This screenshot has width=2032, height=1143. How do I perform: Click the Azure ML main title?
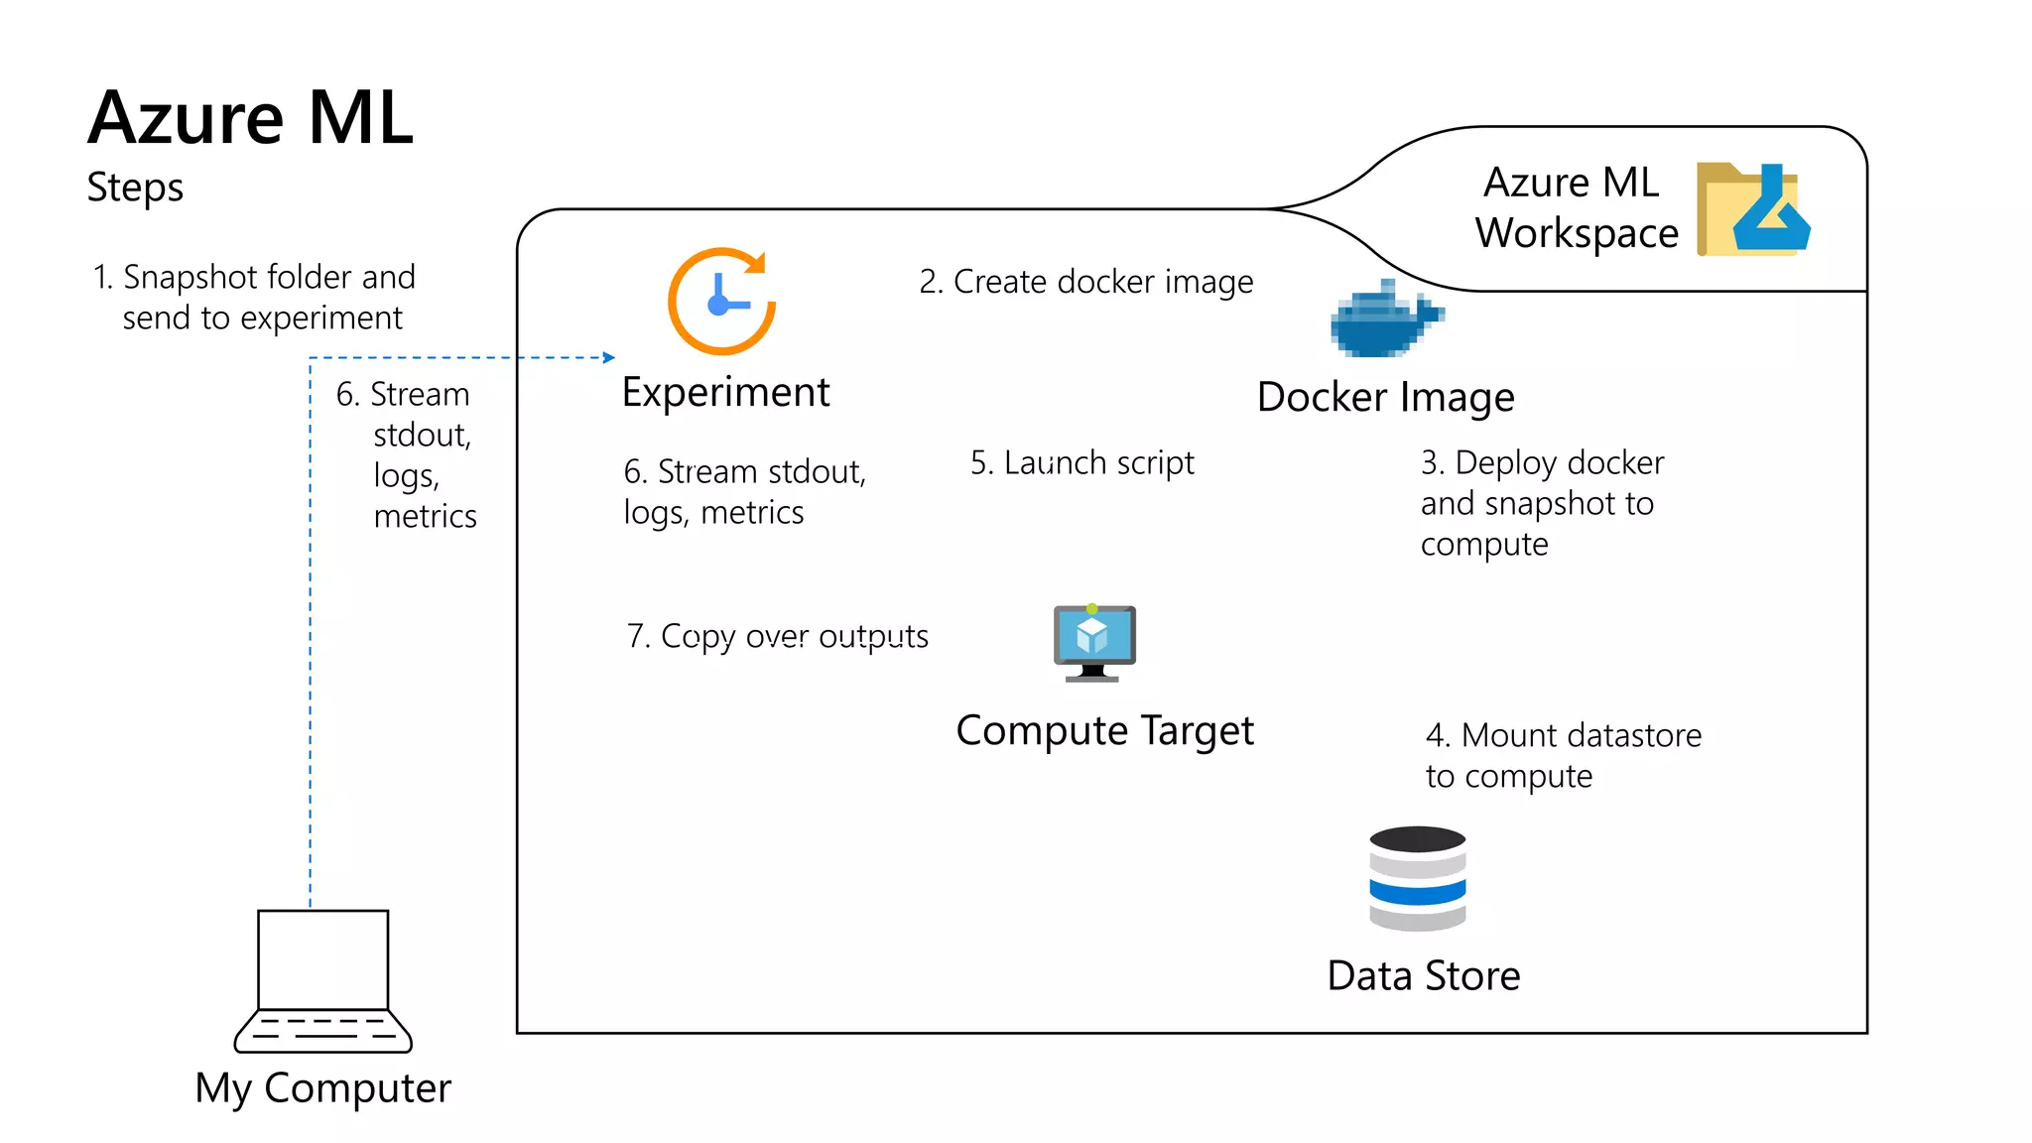[x=250, y=119]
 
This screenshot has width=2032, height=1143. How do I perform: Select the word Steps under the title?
[x=135, y=188]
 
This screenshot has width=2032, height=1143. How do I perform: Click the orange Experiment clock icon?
[x=721, y=302]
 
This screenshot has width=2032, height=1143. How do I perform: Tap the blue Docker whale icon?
[x=1385, y=319]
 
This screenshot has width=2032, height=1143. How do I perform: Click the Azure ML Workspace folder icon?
[x=1752, y=209]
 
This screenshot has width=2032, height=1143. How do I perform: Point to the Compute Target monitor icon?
[x=1093, y=642]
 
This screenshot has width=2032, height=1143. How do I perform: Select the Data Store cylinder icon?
[x=1417, y=878]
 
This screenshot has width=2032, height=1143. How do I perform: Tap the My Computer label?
[x=322, y=1088]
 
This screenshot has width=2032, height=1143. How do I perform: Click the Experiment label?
[x=725, y=393]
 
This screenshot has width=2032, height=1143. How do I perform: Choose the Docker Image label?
[x=1385, y=398]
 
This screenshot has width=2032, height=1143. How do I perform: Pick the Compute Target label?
[x=1104, y=731]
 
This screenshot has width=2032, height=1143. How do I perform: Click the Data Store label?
[x=1423, y=976]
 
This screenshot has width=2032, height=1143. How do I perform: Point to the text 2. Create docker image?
[x=1085, y=283]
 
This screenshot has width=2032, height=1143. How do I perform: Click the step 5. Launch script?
[x=1081, y=463]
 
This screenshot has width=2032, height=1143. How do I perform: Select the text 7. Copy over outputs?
[x=777, y=636]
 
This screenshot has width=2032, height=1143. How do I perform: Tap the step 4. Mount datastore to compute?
[x=1563, y=755]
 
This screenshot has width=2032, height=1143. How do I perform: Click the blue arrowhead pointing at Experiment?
[x=609, y=357]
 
